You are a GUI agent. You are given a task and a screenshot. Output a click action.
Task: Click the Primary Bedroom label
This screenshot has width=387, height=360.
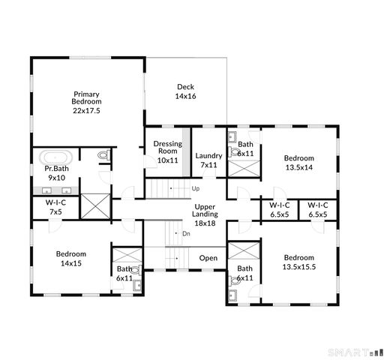(86, 102)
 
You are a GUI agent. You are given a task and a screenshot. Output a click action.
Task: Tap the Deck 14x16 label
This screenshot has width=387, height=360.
(186, 91)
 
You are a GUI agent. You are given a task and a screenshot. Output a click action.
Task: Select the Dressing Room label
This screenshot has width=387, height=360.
(168, 151)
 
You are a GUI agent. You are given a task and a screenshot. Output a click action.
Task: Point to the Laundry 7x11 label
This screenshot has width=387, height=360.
(209, 160)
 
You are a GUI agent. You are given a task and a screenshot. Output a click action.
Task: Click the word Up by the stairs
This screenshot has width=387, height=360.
(196, 188)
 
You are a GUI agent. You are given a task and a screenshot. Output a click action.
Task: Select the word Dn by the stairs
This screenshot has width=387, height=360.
(186, 234)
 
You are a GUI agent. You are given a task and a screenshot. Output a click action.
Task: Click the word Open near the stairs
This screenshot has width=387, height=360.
(208, 259)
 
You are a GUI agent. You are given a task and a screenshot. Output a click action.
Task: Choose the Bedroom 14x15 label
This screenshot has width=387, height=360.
(71, 258)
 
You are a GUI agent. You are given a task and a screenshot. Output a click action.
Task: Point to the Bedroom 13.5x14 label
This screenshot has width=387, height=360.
(298, 163)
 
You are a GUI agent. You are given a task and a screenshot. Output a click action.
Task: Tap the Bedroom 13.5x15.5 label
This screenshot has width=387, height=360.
(298, 262)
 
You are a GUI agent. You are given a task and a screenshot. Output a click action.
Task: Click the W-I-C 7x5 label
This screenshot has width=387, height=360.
(55, 208)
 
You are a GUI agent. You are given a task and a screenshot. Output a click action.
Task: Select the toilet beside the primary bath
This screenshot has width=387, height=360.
(103, 156)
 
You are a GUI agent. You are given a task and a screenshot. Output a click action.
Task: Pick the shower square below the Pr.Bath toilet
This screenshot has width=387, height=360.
(94, 205)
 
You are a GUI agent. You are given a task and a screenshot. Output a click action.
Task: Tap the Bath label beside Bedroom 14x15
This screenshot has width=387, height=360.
(124, 273)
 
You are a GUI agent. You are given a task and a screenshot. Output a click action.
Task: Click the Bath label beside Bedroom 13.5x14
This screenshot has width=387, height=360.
(245, 148)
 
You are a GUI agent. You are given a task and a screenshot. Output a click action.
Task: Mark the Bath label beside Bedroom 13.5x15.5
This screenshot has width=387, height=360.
(245, 273)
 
